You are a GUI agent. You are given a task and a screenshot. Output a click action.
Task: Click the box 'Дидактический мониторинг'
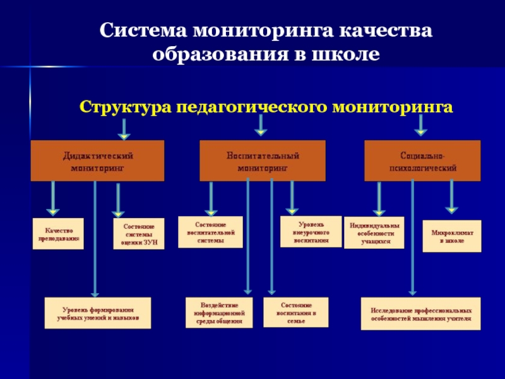(x=98, y=160)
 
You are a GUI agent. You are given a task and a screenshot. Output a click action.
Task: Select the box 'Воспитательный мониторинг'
(x=263, y=161)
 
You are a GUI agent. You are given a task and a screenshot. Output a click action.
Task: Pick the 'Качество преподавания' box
(x=58, y=233)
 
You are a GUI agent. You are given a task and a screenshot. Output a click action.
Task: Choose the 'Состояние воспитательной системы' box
(x=210, y=232)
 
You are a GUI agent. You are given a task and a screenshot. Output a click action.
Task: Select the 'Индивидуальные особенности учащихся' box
(x=374, y=233)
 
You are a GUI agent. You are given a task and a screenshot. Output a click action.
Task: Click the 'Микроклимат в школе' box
(x=451, y=236)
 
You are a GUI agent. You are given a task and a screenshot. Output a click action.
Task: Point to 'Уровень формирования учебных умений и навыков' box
(x=98, y=313)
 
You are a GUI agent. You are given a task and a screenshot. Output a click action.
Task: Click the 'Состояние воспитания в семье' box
(x=295, y=313)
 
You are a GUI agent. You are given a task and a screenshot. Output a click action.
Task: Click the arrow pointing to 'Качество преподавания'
(x=53, y=197)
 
